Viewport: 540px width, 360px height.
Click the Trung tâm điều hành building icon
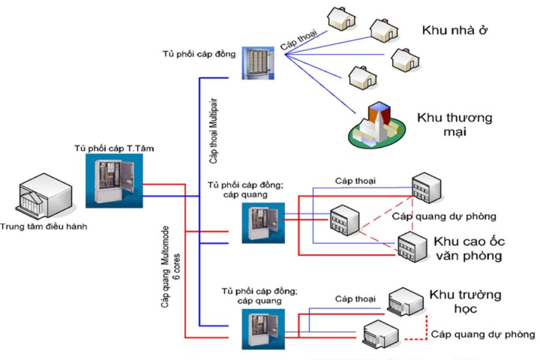43,196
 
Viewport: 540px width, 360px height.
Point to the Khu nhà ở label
453,30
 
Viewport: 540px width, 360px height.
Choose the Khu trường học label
464,301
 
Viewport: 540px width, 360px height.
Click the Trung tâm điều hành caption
43,226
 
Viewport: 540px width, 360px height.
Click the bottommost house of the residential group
364,77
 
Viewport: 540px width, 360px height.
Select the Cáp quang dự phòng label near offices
443,216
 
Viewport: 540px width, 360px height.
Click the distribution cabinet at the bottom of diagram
260,329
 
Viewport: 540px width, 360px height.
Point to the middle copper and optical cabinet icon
260,223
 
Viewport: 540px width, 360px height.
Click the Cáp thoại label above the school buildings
355,299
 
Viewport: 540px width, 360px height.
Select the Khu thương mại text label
454,124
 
